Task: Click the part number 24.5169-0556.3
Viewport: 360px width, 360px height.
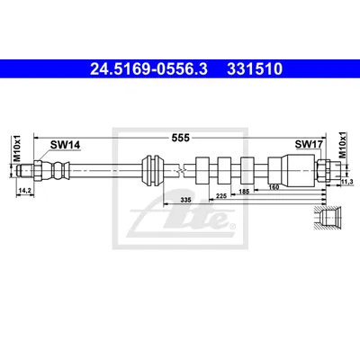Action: point(148,69)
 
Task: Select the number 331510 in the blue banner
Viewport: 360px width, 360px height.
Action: point(255,69)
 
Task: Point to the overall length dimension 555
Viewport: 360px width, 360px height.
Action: point(181,138)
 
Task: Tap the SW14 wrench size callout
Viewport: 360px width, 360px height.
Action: point(65,145)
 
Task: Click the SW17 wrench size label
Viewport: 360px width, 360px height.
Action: point(309,144)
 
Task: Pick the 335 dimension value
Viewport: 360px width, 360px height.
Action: point(186,200)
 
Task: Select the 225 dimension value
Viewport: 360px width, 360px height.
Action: point(221,196)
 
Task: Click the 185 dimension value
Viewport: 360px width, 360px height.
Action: point(244,192)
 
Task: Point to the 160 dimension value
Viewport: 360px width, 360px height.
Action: point(274,187)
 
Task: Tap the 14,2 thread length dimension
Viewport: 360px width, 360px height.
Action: point(25,191)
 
